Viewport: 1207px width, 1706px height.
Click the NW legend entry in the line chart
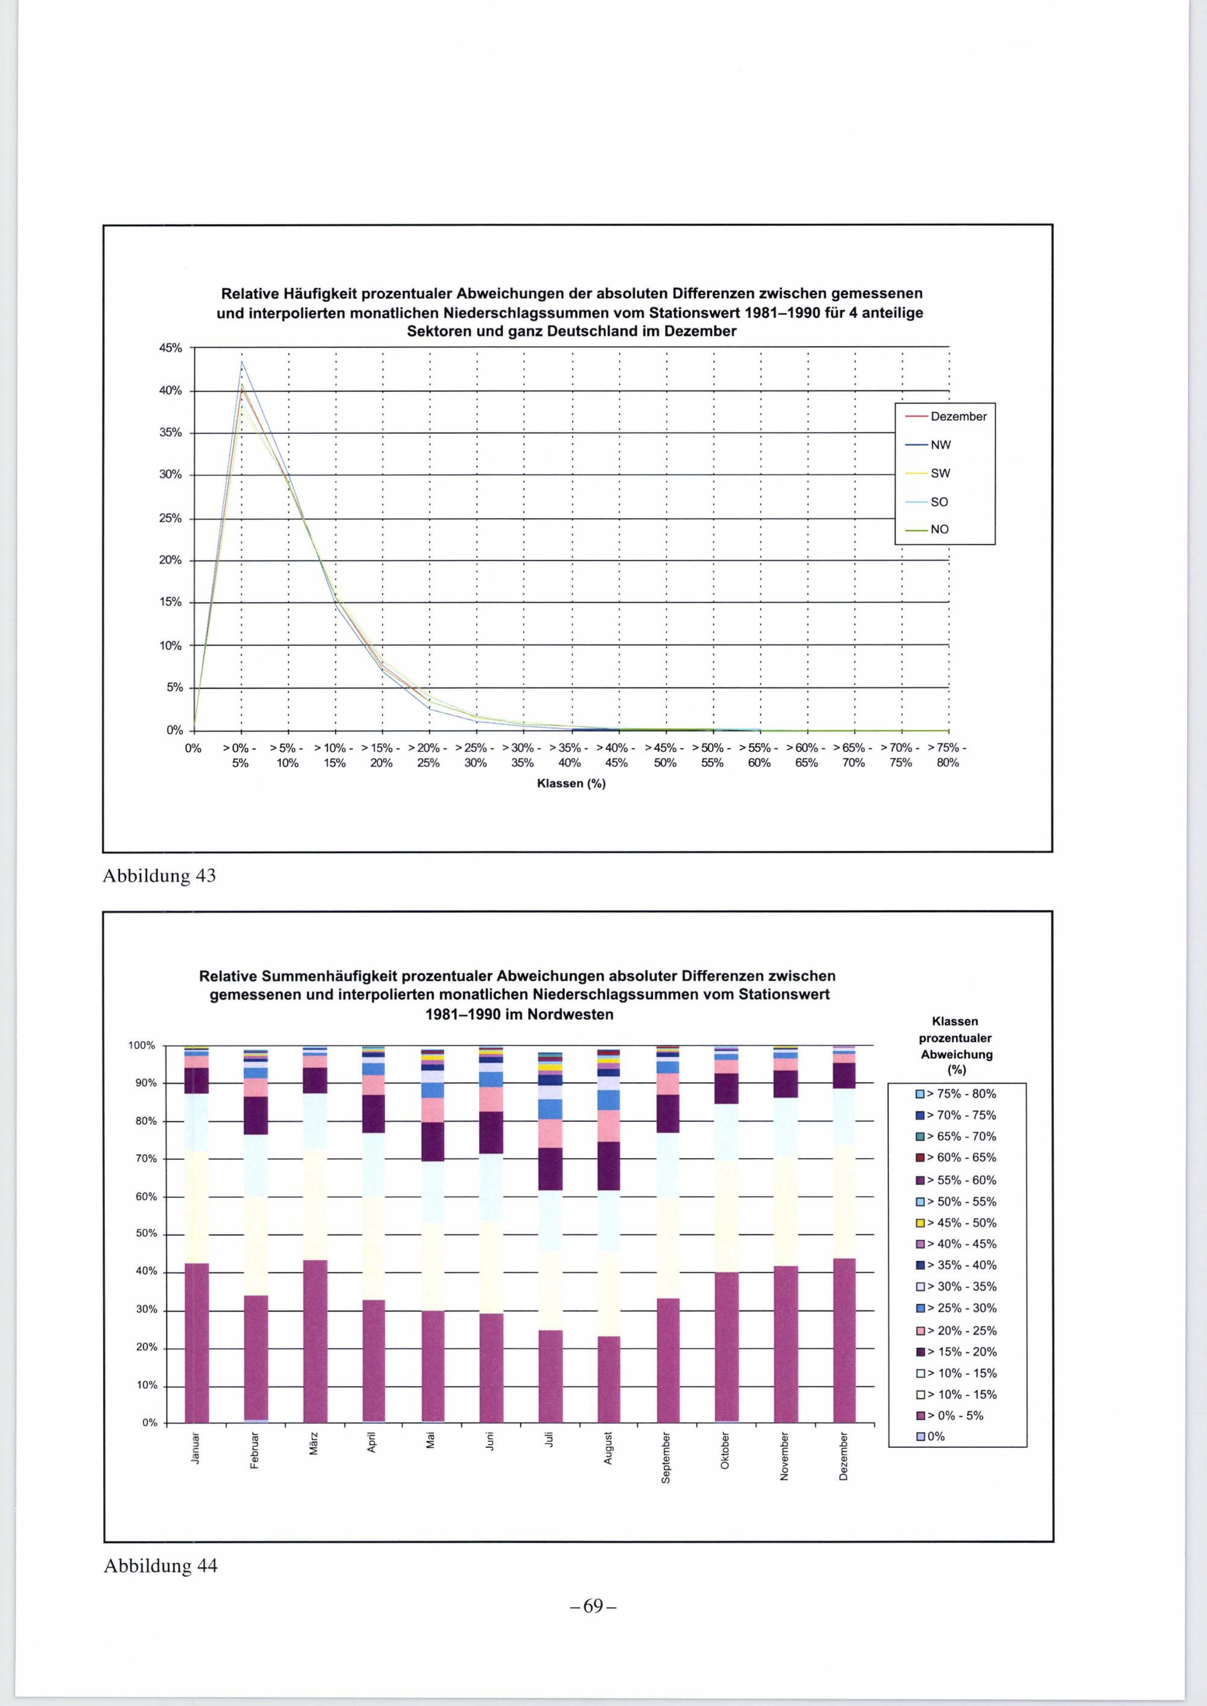point(940,445)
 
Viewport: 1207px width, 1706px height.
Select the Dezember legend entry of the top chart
point(958,417)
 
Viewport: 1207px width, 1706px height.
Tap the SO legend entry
point(938,501)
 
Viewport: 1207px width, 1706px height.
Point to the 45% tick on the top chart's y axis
point(170,347)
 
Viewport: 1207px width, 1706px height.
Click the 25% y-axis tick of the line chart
point(170,518)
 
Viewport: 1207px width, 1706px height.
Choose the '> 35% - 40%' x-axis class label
point(570,755)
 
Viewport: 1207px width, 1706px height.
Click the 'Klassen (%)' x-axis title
point(571,784)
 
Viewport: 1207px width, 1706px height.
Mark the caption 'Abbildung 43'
point(159,876)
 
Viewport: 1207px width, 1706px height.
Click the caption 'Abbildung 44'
point(160,1565)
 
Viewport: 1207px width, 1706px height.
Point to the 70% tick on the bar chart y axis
point(147,1158)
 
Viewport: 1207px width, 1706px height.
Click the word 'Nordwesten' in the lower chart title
point(570,1014)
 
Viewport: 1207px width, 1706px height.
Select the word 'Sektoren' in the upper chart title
point(439,331)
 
